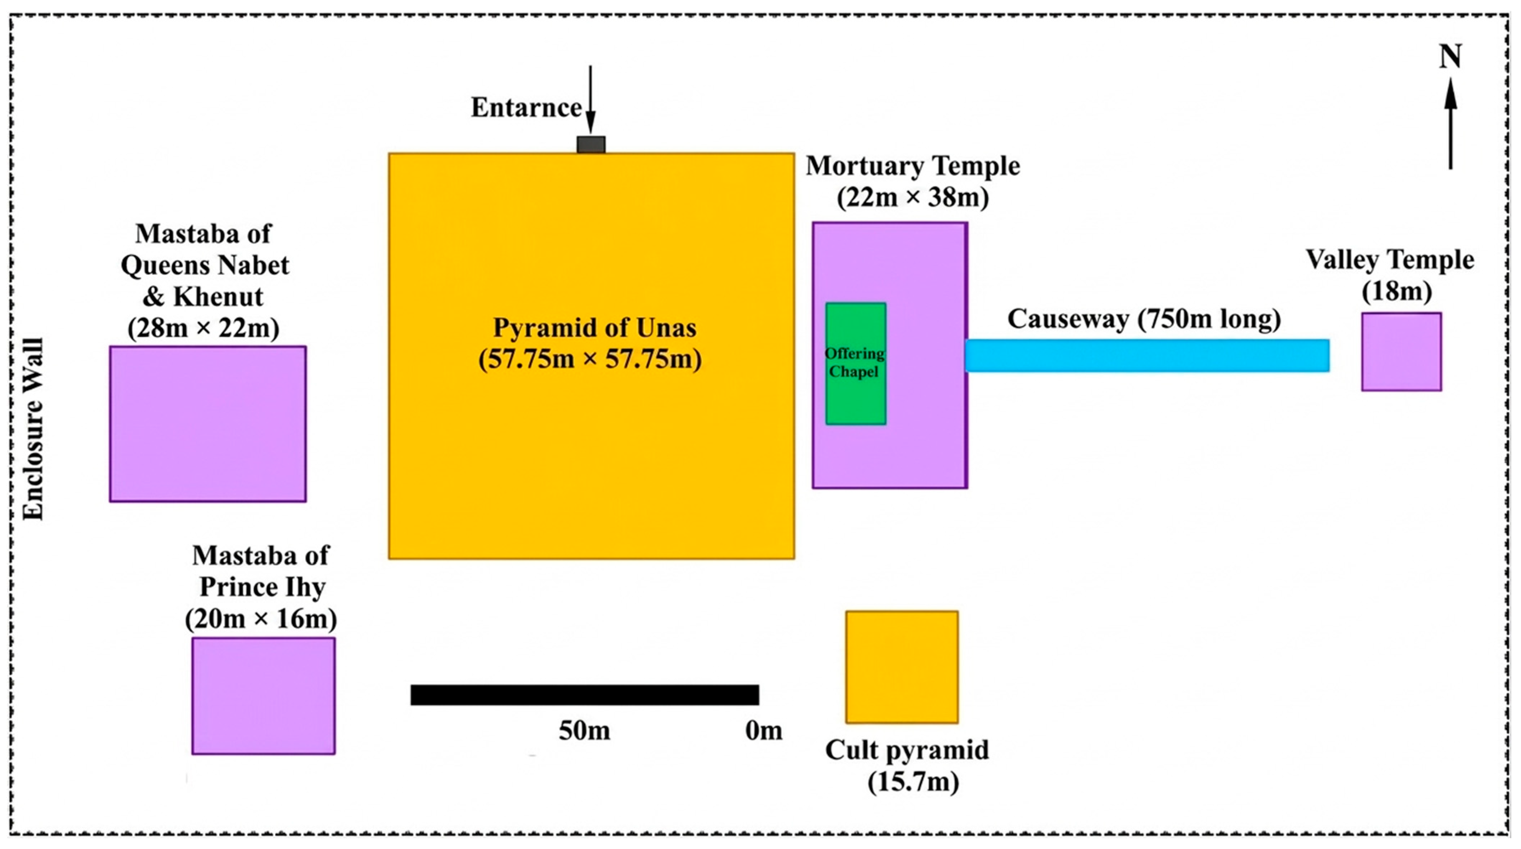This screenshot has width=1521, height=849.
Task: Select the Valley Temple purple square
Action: coord(1401,352)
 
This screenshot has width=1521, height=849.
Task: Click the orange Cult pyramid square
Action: coord(902,667)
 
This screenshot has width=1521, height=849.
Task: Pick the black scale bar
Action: coord(585,695)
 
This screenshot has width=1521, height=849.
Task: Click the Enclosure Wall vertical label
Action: coord(34,429)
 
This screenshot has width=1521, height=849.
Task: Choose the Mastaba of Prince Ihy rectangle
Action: coord(263,695)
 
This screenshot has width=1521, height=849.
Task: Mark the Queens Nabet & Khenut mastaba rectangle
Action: coord(208,424)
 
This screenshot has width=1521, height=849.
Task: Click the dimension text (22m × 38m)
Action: coord(913,198)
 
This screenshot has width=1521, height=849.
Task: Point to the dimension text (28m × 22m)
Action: coord(204,328)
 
